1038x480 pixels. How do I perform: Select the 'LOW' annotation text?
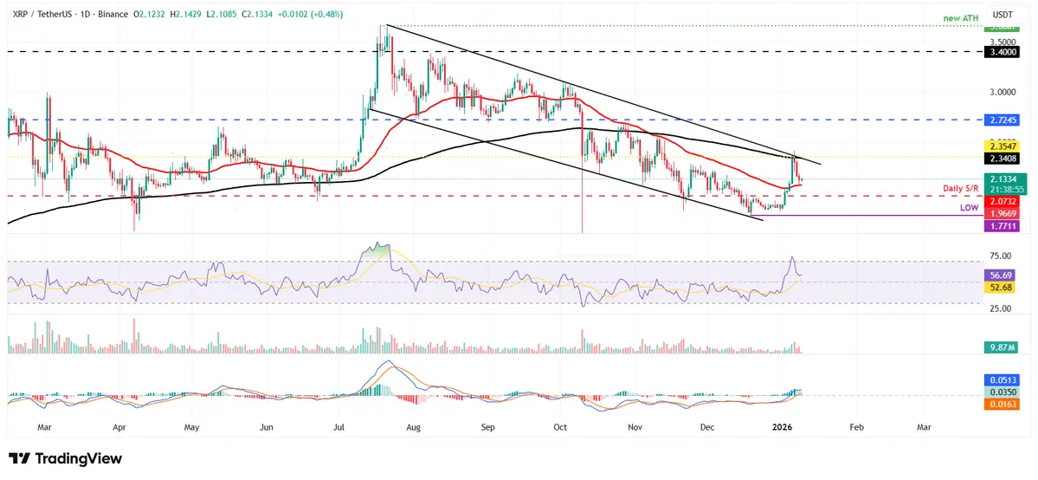point(970,209)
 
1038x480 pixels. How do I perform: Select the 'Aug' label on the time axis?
point(415,427)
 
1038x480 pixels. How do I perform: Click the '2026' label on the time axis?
point(783,427)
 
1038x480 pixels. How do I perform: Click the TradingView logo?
point(65,458)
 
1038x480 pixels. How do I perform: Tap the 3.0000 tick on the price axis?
point(1003,92)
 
